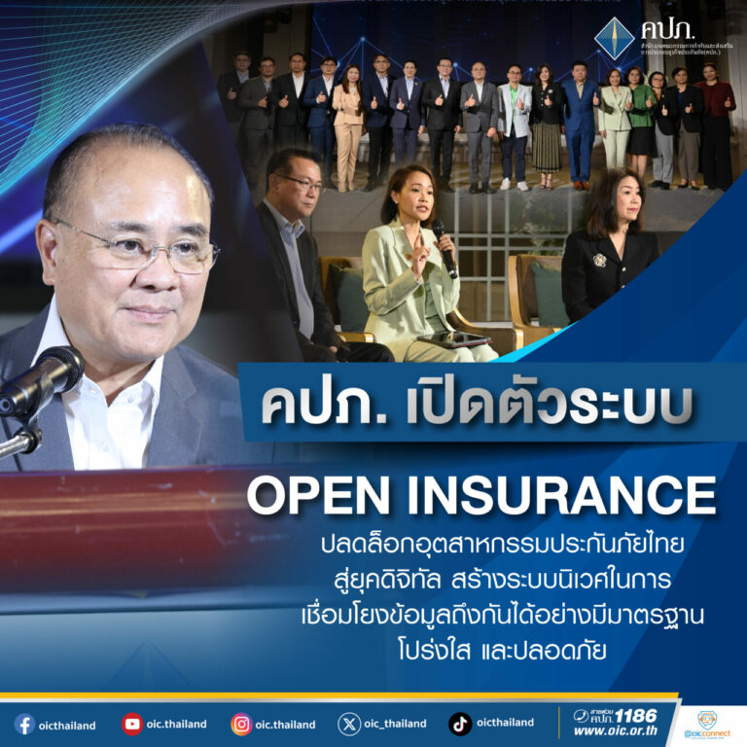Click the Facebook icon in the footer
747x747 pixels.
click(24, 724)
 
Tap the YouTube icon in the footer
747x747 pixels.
click(132, 724)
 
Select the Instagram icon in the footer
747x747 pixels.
click(241, 724)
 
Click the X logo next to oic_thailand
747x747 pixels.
click(349, 724)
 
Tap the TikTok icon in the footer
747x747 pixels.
click(460, 724)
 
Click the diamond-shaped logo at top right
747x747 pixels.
click(614, 39)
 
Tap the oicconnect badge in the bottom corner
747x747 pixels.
click(707, 725)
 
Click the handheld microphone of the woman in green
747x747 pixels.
click(443, 243)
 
